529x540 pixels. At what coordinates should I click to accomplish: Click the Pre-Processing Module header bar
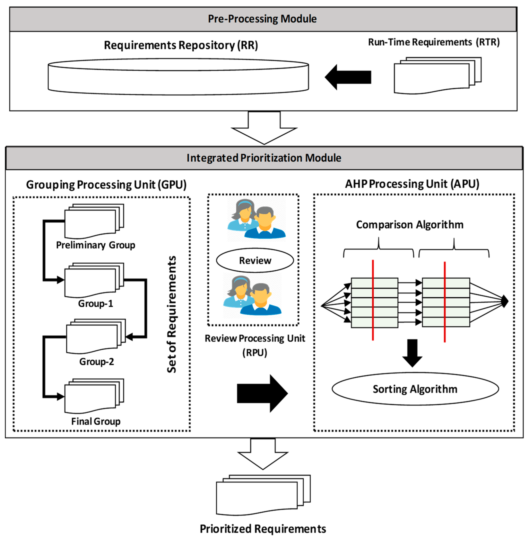263,19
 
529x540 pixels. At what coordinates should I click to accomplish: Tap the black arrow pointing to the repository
348,77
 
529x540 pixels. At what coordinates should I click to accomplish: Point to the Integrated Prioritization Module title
264,158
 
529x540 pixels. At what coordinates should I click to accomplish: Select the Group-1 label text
96,304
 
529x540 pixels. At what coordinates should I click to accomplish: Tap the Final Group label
96,421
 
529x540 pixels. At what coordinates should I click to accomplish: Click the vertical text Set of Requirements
171,314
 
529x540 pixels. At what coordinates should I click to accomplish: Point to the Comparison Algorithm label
410,225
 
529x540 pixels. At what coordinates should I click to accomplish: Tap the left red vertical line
373,300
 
